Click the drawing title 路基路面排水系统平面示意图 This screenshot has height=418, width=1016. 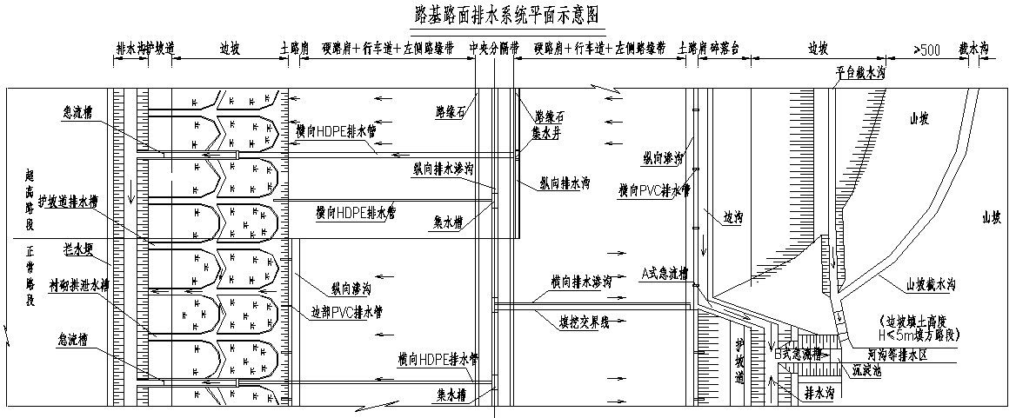507,15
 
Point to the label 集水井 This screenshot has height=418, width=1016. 549,134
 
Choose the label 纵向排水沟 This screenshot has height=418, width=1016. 565,183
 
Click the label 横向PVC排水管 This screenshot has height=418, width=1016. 653,189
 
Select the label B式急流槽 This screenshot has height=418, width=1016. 798,354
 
